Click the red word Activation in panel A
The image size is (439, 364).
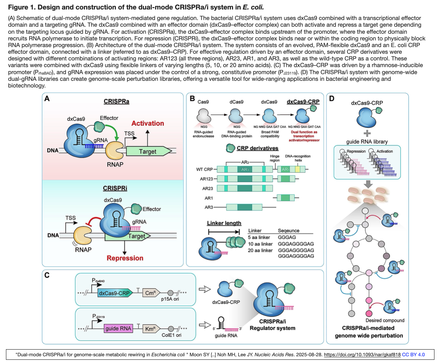click(x=148, y=123)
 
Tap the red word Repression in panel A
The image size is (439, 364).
click(x=125, y=258)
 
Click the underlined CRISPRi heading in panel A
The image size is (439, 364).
click(x=115, y=188)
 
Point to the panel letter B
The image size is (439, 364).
click(x=192, y=99)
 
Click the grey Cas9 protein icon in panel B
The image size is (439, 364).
click(x=204, y=116)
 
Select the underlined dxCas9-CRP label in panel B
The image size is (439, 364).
click(x=303, y=102)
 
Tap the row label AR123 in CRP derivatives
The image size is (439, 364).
click(x=206, y=179)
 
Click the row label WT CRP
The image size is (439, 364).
click(x=204, y=169)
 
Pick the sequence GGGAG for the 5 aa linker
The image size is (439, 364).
click(x=287, y=238)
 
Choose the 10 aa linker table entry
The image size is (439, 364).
click(x=260, y=244)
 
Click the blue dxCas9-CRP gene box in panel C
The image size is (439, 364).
click(x=114, y=293)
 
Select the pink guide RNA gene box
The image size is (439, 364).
click(x=118, y=329)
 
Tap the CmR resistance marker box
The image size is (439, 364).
click(x=151, y=293)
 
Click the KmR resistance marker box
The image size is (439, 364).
click(x=151, y=329)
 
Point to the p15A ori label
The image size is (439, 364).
click(x=170, y=299)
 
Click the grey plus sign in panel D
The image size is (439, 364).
click(x=367, y=134)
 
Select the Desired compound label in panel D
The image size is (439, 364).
click(x=385, y=320)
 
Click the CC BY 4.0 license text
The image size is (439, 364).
click(x=413, y=355)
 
